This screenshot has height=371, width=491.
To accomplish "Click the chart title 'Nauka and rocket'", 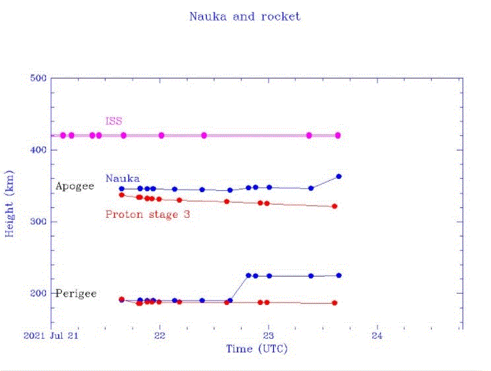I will [245, 17].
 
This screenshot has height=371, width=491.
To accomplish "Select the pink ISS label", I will [114, 121].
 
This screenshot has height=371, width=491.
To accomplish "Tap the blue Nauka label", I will [122, 178].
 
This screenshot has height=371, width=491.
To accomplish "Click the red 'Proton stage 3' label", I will [148, 214].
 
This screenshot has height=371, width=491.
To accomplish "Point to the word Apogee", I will [75, 186].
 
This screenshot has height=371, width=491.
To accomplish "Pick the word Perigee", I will [76, 293].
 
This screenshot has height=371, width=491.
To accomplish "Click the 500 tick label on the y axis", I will [39, 79].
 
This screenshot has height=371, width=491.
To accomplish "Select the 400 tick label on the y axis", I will [39, 151].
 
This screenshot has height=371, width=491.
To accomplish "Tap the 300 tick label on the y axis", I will [39, 222].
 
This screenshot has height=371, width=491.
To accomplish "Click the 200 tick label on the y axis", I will [39, 293].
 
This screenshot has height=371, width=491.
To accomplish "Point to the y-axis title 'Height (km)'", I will [11, 205].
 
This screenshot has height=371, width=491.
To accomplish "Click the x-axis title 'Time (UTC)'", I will [257, 349].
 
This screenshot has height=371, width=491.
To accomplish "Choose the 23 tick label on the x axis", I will [268, 335].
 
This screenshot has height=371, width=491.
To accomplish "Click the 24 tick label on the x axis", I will [377, 335].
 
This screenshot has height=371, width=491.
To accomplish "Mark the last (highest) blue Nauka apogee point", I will [339, 176].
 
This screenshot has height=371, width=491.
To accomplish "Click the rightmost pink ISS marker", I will [338, 135].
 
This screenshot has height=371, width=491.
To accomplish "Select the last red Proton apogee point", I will [335, 207].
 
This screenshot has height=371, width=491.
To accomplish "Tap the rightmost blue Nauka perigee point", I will [339, 275].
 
